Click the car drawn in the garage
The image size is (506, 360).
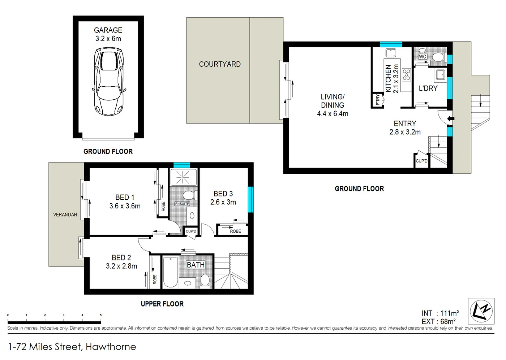coord(109,81)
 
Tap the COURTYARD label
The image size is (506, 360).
coord(220,64)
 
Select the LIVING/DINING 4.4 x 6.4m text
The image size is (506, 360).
coord(333,105)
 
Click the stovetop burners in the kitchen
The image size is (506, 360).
coord(406,74)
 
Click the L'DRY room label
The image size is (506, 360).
coord(428,88)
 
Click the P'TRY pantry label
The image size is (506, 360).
coord(378,100)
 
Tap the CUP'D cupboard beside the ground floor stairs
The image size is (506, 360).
coord(421,161)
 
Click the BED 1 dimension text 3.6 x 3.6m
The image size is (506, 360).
coord(125,206)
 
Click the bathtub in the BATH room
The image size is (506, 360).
coord(170,273)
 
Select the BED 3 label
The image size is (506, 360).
coord(223,194)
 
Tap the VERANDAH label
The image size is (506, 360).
coord(65,214)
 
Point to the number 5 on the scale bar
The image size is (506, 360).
coord(101,315)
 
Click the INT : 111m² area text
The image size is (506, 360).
coord(440,313)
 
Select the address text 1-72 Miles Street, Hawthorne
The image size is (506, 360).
coord(72,347)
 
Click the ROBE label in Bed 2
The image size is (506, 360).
coord(155,279)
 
